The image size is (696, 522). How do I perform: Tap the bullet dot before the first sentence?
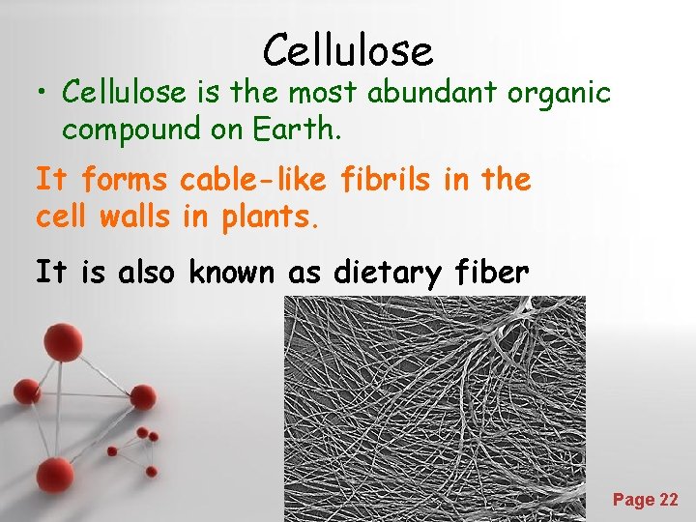43,93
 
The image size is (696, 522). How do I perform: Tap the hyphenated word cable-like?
257,180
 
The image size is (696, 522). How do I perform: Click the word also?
148,273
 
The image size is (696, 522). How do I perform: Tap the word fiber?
492,273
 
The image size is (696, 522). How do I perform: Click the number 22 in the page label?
667,500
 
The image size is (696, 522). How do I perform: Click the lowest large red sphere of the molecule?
55,476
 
